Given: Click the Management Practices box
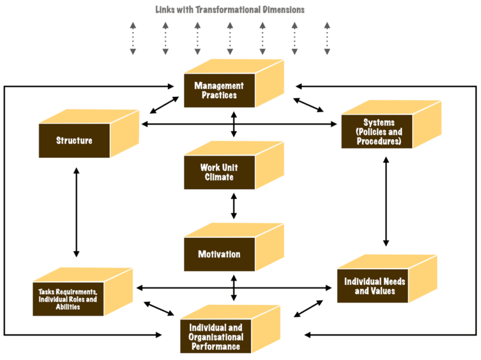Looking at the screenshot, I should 219,91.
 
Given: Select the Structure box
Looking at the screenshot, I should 74,140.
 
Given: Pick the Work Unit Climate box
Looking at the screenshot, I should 219,172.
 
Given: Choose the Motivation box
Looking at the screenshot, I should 219,254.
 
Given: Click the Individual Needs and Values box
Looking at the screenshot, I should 375,286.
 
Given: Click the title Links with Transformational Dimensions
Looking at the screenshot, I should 230,9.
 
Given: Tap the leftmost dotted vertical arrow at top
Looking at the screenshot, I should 133,39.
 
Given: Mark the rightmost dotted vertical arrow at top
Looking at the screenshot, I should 327,39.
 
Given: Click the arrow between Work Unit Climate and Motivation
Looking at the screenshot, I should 234,206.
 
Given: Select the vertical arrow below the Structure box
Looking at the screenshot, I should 76,212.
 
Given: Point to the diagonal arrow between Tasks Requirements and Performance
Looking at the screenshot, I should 159,309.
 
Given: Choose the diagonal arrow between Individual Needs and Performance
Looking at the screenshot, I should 309,307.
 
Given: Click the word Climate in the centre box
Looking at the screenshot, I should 219,177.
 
